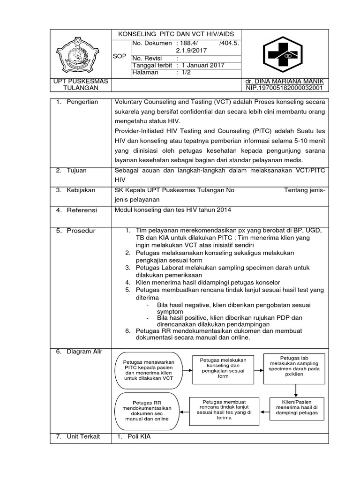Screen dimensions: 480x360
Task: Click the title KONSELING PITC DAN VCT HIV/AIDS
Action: pos(179,34)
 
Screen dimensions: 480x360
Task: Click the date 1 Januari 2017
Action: pos(203,65)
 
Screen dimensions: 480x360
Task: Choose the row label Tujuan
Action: pos(77,171)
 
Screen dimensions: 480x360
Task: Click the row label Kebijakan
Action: pos(80,190)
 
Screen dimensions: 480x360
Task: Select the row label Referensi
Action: pos(81,210)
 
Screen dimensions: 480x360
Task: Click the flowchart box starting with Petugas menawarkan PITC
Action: pos(146,370)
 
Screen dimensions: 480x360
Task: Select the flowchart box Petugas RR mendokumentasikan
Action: pos(147,411)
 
